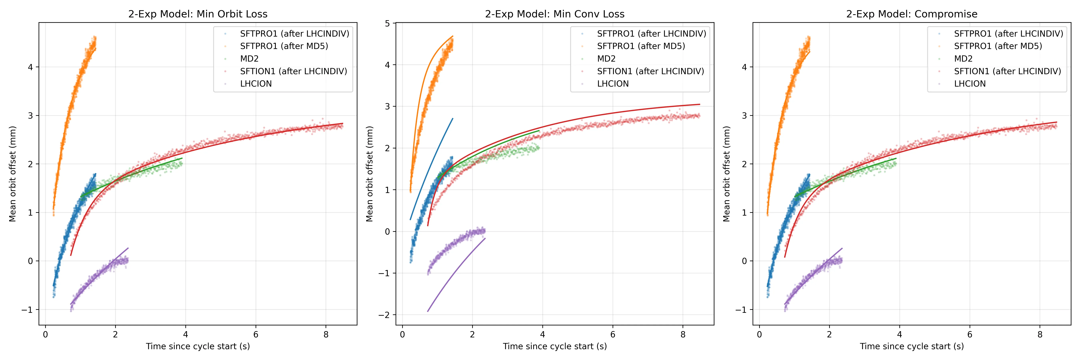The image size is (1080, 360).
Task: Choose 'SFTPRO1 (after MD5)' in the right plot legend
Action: tap(998, 46)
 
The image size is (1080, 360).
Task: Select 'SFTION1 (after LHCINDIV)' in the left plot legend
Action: tap(293, 71)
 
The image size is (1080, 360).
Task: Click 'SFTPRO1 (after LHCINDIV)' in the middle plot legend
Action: tap(651, 34)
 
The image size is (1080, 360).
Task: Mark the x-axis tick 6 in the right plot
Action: tap(970, 334)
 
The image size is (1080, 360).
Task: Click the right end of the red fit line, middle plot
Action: tap(699, 104)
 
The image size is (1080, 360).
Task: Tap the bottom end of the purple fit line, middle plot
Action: tap(428, 311)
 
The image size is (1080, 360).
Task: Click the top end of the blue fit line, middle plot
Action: tap(452, 119)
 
